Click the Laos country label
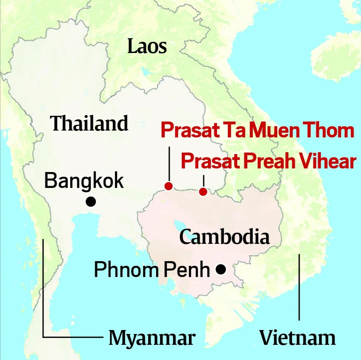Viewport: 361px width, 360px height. [x=147, y=47]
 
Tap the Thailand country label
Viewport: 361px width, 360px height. [x=89, y=124]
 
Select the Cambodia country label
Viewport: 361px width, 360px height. [x=224, y=237]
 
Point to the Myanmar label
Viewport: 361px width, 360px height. [x=152, y=338]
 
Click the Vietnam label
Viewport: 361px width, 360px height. [x=298, y=338]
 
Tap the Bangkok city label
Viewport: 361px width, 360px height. [x=84, y=181]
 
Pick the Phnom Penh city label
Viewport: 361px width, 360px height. [x=152, y=270]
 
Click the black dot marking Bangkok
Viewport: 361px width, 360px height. [x=91, y=202]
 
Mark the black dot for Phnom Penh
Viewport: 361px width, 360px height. [x=221, y=269]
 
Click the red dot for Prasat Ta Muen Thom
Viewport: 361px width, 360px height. [x=168, y=186]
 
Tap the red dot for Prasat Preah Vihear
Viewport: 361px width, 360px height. [x=203, y=192]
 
